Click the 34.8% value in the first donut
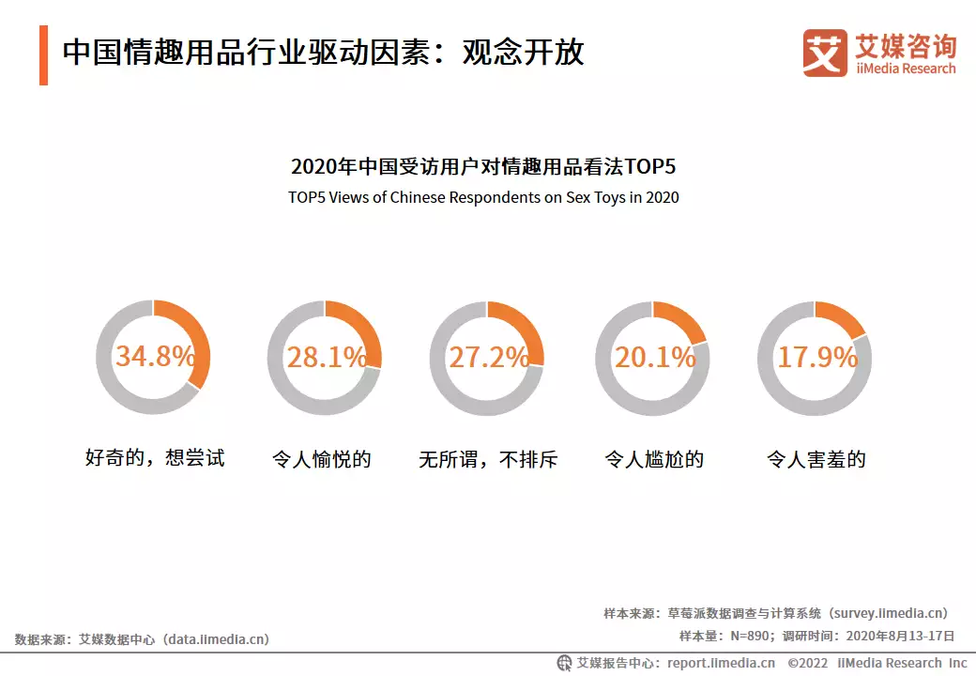[155, 358]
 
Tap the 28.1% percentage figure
[326, 358]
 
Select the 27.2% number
[488, 358]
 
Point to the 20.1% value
[654, 358]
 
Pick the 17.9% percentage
[816, 358]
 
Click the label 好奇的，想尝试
[155, 459]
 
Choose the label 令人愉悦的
[322, 459]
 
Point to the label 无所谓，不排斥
[488, 459]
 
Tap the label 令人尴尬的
[654, 459]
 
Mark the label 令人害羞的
[816, 459]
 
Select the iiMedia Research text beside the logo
[905, 69]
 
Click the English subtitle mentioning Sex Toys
[483, 198]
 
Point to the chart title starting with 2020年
[483, 167]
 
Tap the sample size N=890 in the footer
[751, 636]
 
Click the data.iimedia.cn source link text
[217, 639]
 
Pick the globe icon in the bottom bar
[565, 663]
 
